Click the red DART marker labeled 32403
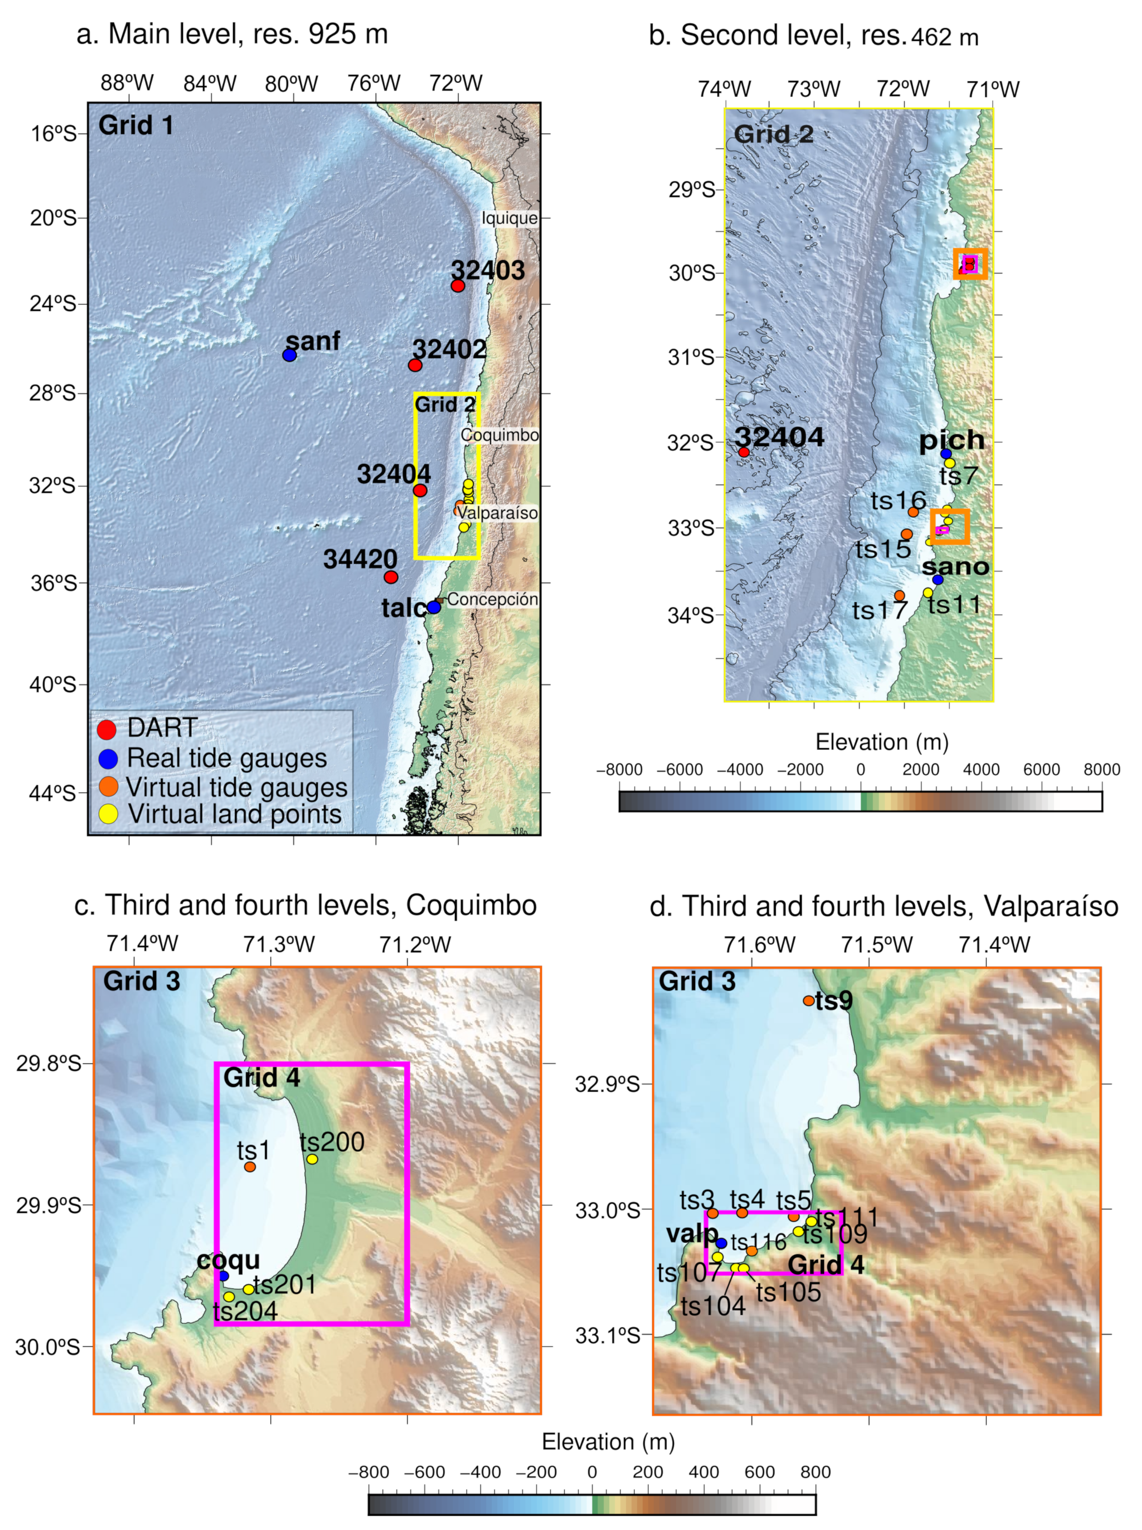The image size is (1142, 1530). pyautogui.click(x=458, y=286)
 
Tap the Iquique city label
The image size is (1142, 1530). pyautogui.click(x=509, y=218)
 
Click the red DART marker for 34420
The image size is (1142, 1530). pyautogui.click(x=391, y=577)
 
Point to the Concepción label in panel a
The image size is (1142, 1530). pyautogui.click(x=492, y=599)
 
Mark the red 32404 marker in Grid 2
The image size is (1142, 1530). pyautogui.click(x=744, y=452)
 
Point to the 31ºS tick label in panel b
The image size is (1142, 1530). pyautogui.click(x=691, y=357)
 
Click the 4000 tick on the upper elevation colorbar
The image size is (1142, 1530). pyautogui.click(x=981, y=769)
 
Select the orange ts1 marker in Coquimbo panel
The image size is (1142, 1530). pyautogui.click(x=250, y=1166)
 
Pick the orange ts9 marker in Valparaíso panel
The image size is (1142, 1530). pyautogui.click(x=809, y=1000)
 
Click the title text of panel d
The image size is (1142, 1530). pyautogui.click(x=883, y=906)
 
